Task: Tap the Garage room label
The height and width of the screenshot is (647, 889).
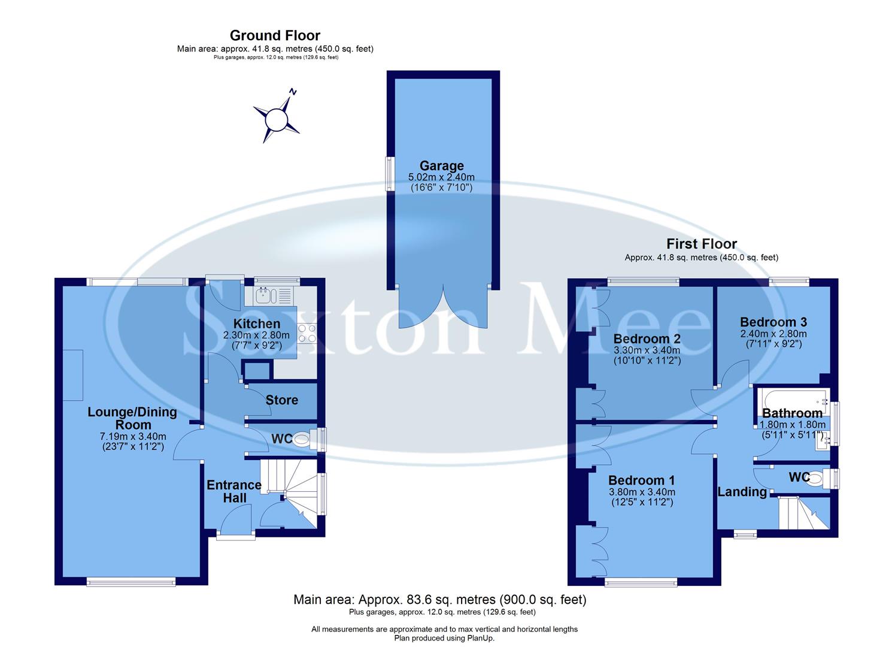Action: pyautogui.click(x=441, y=166)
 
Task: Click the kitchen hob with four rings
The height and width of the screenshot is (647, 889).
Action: pyautogui.click(x=307, y=333)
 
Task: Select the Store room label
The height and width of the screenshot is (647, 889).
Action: pyautogui.click(x=281, y=400)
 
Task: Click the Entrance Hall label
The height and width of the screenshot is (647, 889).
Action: pyautogui.click(x=234, y=491)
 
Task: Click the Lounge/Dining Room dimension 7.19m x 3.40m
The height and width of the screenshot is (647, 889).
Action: pyautogui.click(x=132, y=436)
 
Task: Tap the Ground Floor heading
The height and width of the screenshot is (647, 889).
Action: pyautogui.click(x=275, y=35)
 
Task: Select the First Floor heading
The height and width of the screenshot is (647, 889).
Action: pyautogui.click(x=702, y=244)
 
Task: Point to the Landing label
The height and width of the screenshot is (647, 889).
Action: pyautogui.click(x=742, y=492)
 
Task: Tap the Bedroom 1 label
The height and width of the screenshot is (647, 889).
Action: pyautogui.click(x=641, y=480)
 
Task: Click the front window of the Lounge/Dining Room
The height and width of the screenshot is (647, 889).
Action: pyautogui.click(x=131, y=581)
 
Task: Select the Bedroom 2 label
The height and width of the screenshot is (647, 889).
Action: pyautogui.click(x=647, y=339)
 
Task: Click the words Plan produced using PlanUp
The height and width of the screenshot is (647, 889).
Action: pyautogui.click(x=444, y=638)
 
